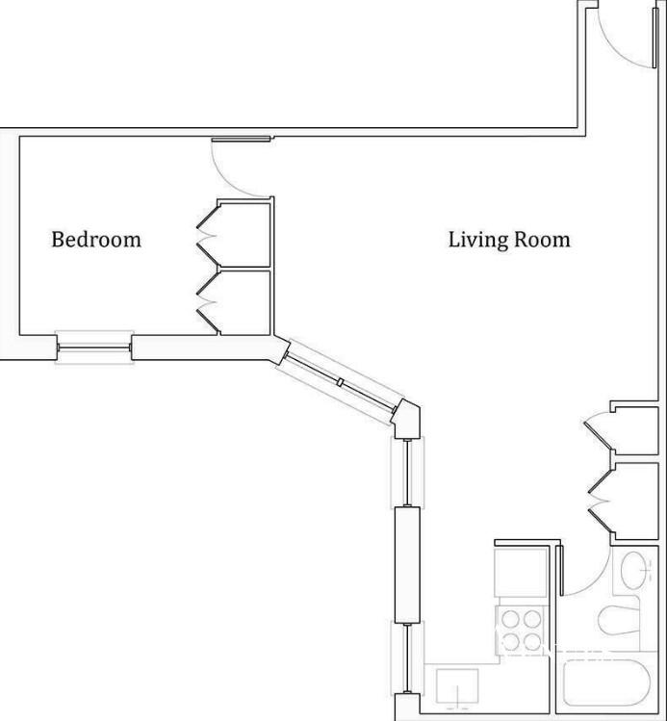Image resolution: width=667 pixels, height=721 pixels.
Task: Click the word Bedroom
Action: click(96, 240)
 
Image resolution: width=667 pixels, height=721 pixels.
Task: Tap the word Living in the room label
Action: click(476, 240)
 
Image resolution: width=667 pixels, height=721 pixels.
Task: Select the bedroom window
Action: click(94, 348)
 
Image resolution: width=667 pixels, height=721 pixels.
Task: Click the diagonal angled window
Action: click(340, 382)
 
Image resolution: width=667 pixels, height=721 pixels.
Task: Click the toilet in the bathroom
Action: click(619, 621)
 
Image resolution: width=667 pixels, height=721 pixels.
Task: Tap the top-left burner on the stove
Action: click(510, 619)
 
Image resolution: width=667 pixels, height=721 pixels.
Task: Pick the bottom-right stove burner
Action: click(532, 641)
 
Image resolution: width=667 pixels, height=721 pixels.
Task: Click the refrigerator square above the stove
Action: click(520, 572)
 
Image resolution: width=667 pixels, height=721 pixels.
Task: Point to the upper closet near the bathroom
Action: click(634, 431)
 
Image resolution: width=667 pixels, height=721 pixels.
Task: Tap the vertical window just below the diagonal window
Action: click(407, 473)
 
